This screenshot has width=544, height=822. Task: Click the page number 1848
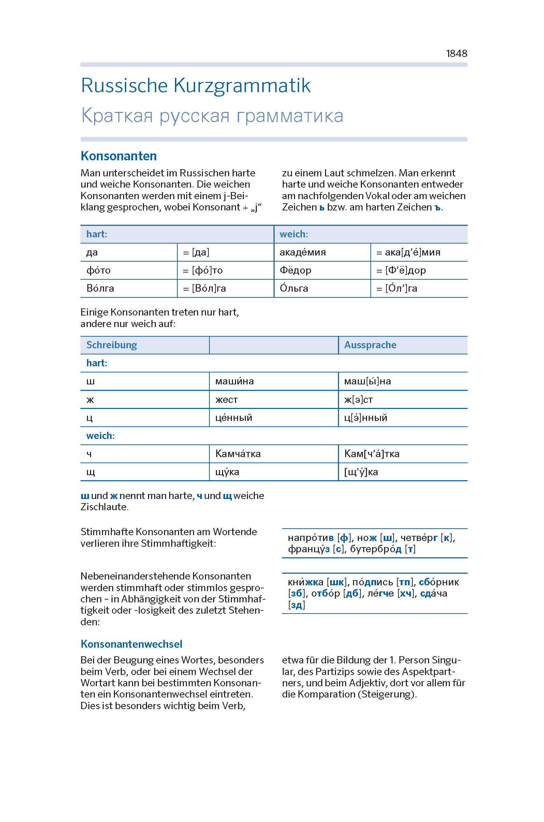(x=456, y=54)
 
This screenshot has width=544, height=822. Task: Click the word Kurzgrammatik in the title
(x=242, y=85)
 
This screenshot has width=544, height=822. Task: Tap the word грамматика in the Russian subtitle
(x=290, y=116)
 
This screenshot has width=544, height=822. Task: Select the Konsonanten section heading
(x=118, y=156)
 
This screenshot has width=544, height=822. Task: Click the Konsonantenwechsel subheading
(x=131, y=644)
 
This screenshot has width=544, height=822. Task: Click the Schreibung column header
(x=112, y=345)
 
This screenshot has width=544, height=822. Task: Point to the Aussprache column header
(x=370, y=345)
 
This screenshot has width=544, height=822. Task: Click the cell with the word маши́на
(x=235, y=381)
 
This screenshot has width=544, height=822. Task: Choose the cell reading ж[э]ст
(x=358, y=400)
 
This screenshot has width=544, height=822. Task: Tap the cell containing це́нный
(x=234, y=418)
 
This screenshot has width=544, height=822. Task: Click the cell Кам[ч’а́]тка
(x=371, y=454)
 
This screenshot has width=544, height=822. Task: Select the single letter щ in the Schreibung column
(x=90, y=472)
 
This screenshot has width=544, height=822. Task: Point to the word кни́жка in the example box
(x=306, y=582)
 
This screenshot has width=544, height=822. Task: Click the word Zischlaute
(x=104, y=507)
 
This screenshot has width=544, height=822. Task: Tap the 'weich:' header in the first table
(x=294, y=234)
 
